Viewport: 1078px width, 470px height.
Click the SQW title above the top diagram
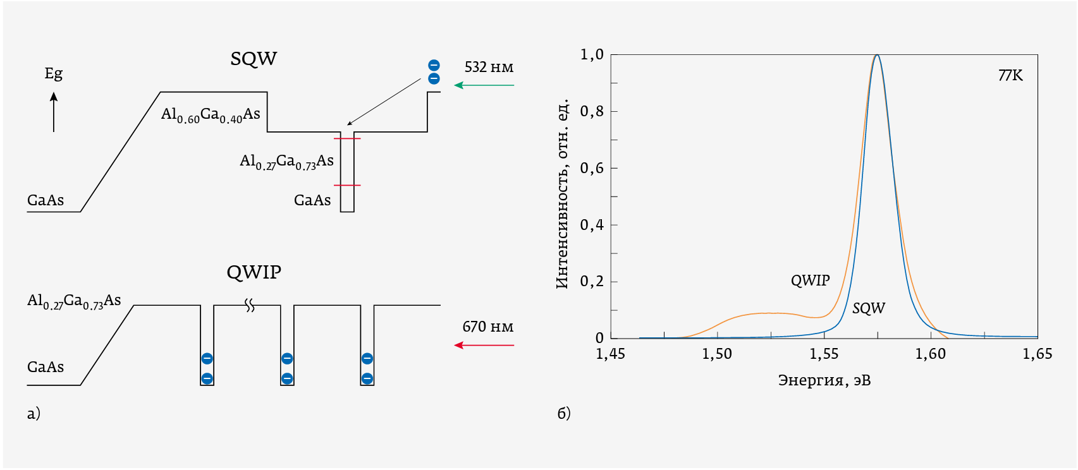click(254, 59)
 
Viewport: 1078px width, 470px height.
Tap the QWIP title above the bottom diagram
click(254, 272)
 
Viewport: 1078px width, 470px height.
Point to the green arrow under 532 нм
click(484, 85)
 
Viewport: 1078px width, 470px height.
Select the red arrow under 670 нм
click(484, 346)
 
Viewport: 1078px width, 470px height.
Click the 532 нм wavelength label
click(489, 67)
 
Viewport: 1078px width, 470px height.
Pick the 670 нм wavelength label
click(487, 327)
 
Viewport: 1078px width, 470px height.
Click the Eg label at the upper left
click(54, 74)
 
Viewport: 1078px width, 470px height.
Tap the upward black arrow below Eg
click(54, 112)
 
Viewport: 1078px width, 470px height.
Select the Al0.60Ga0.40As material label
click(211, 115)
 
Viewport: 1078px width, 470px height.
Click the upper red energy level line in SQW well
click(347, 138)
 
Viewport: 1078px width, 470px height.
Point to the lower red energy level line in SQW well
click(347, 185)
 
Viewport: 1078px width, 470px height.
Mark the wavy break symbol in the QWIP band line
click(250, 306)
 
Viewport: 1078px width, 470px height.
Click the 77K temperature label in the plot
click(1010, 76)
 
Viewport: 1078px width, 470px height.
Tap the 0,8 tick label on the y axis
click(592, 111)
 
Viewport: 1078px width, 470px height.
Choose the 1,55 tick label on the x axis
click(824, 354)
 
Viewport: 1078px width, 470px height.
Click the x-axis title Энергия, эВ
click(824, 380)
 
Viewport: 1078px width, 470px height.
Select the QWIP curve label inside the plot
click(810, 280)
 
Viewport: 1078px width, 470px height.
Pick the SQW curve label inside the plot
click(868, 308)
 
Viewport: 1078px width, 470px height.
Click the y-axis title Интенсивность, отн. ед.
click(563, 193)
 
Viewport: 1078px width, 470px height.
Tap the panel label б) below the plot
click(564, 413)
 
